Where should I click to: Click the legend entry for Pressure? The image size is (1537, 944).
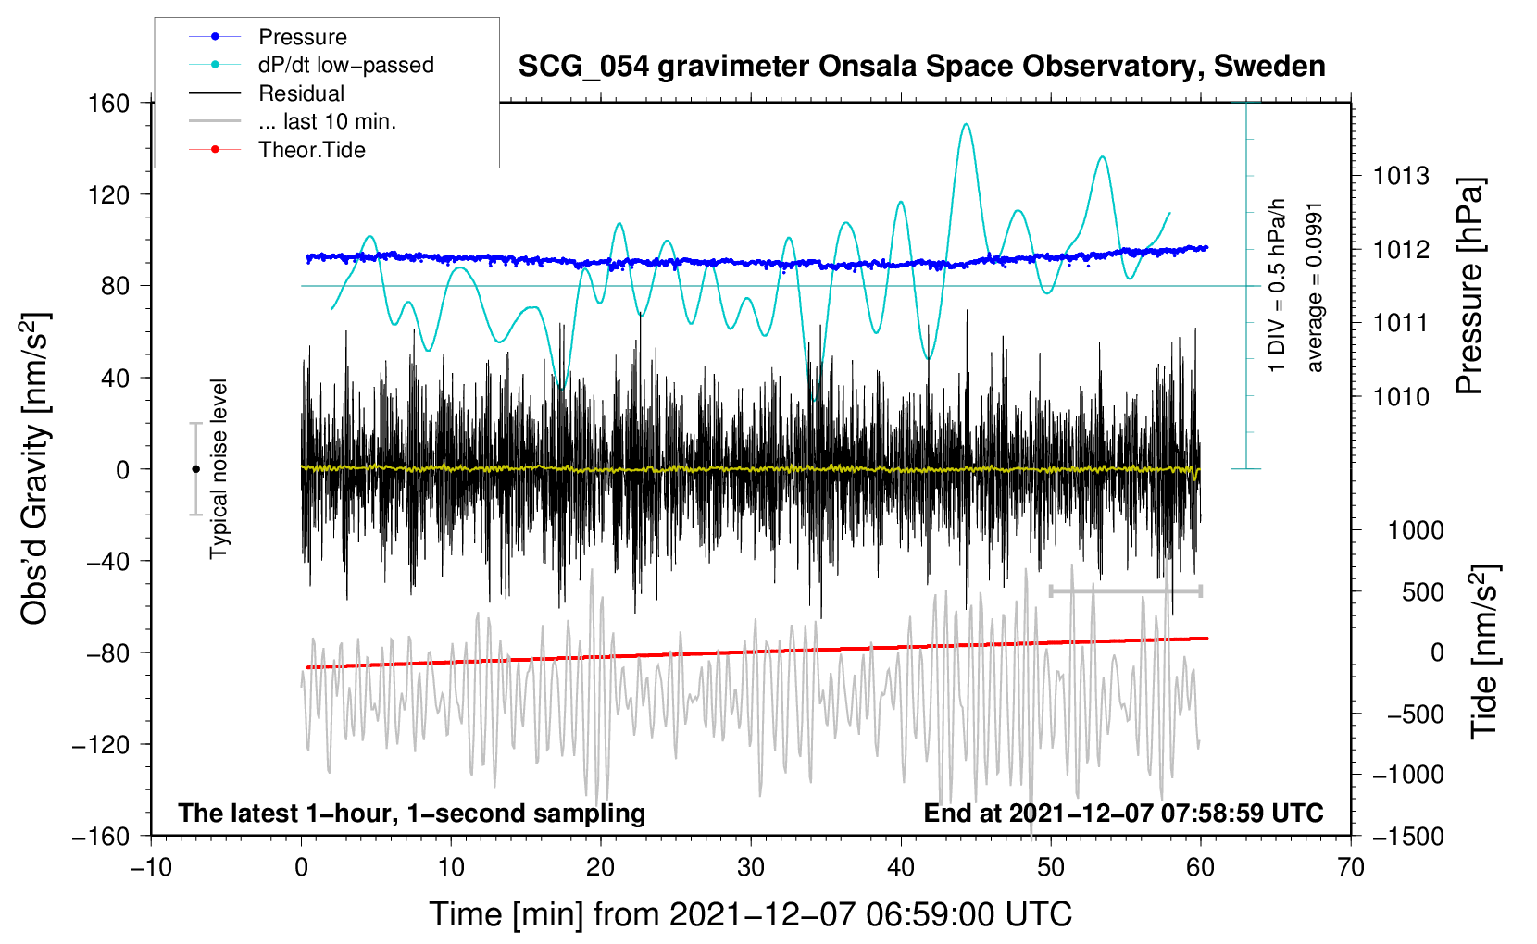pyautogui.click(x=302, y=37)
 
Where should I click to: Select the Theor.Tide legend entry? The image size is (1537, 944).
pyautogui.click(x=311, y=150)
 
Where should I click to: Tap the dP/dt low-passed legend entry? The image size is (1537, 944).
pyautogui.click(x=345, y=65)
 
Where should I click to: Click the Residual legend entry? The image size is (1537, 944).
pyautogui.click(x=301, y=93)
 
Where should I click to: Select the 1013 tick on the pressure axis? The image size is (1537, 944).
pyautogui.click(x=1401, y=176)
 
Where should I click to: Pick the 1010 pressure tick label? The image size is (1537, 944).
pyautogui.click(x=1401, y=397)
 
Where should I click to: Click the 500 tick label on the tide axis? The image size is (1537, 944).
pyautogui.click(x=1422, y=592)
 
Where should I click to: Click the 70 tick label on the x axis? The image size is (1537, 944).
pyautogui.click(x=1351, y=867)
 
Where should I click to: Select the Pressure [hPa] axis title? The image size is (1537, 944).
pyautogui.click(x=1469, y=287)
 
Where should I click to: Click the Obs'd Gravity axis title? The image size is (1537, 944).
pyautogui.click(x=35, y=468)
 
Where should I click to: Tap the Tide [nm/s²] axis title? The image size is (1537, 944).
pyautogui.click(x=1484, y=652)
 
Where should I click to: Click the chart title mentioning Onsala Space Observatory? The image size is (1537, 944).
pyautogui.click(x=921, y=67)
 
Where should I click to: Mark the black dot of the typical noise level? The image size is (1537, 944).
pyautogui.click(x=195, y=469)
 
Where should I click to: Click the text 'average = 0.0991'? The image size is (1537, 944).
pyautogui.click(x=1315, y=287)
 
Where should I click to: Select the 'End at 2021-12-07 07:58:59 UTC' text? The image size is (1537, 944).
pyautogui.click(x=1123, y=813)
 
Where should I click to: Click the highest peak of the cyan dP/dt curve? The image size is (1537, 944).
pyautogui.click(x=967, y=124)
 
